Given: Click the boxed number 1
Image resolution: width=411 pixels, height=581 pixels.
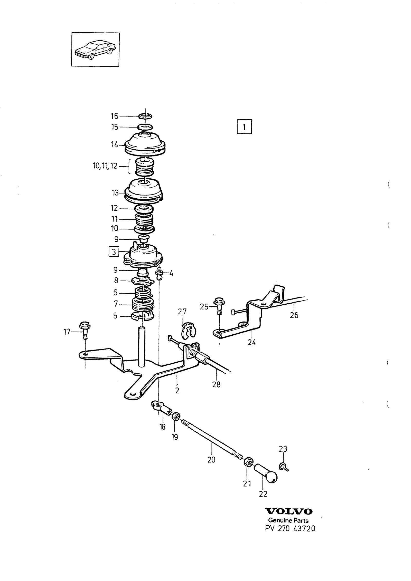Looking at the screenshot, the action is click(244, 127).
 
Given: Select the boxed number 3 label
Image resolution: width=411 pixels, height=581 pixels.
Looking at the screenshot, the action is click(114, 251).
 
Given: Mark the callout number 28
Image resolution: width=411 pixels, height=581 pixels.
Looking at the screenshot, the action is click(216, 384).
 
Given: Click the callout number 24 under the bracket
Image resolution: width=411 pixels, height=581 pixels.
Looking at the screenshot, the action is click(251, 342).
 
